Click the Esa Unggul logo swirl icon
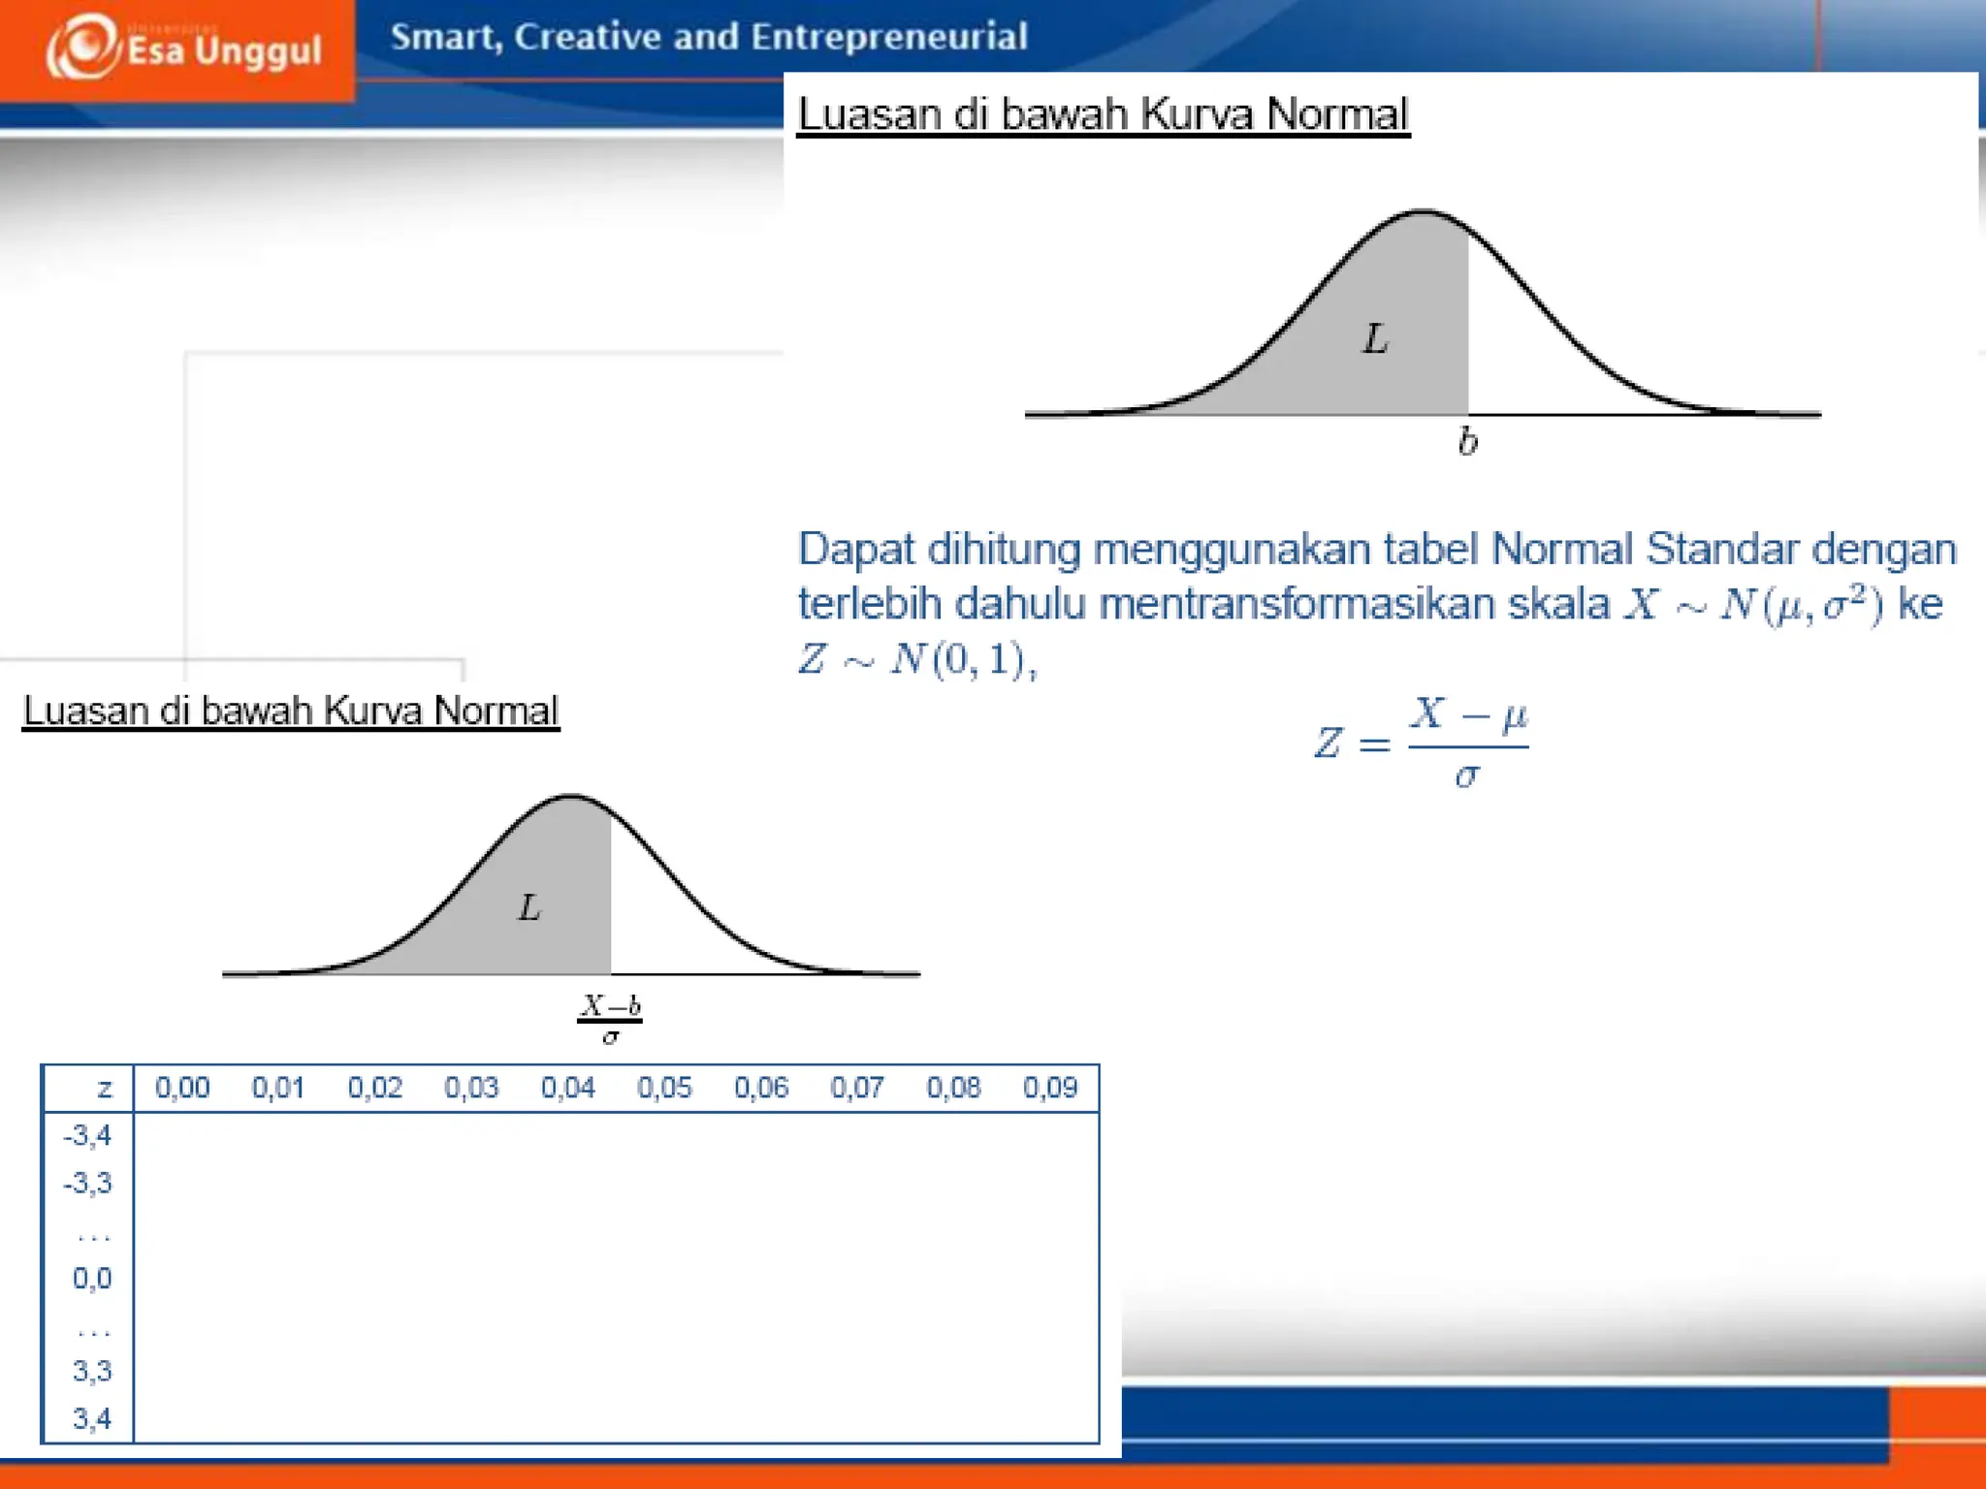pyautogui.click(x=83, y=47)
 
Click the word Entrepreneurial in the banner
pyautogui.click(x=888, y=37)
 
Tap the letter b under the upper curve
pyautogui.click(x=1467, y=442)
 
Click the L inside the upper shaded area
pyautogui.click(x=1375, y=339)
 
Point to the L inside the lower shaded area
pyautogui.click(x=529, y=908)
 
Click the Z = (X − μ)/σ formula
pyautogui.click(x=1421, y=743)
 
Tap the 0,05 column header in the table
pyautogui.click(x=664, y=1088)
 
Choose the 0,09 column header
pyautogui.click(x=1049, y=1088)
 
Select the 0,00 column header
pyautogui.click(x=182, y=1088)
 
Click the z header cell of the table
pyautogui.click(x=105, y=1089)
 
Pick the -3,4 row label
pyautogui.click(x=88, y=1135)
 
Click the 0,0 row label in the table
pyautogui.click(x=92, y=1279)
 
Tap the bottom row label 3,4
pyautogui.click(x=92, y=1419)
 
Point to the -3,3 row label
pyautogui.click(x=88, y=1184)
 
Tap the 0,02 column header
pyautogui.click(x=375, y=1088)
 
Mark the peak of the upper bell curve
pyautogui.click(x=1423, y=211)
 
